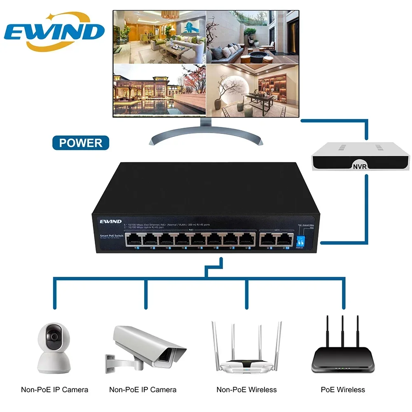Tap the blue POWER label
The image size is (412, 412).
[81, 143]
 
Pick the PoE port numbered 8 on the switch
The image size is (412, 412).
[246, 239]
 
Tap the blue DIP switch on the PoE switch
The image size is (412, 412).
[300, 240]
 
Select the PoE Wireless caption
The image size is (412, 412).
[343, 389]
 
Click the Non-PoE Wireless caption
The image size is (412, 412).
[246, 389]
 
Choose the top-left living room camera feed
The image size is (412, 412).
[159, 37]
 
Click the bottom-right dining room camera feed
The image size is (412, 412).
[252, 89]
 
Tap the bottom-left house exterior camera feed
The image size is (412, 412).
[159, 89]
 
